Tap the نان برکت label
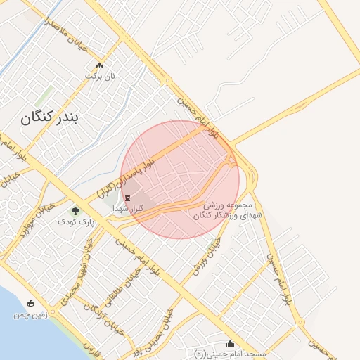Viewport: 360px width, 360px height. click(99, 75)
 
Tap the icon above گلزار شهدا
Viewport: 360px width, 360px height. click(127, 198)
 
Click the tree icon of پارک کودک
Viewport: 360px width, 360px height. click(75, 210)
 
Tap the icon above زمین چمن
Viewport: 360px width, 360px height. click(30, 304)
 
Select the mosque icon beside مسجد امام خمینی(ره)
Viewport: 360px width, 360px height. click(231, 343)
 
